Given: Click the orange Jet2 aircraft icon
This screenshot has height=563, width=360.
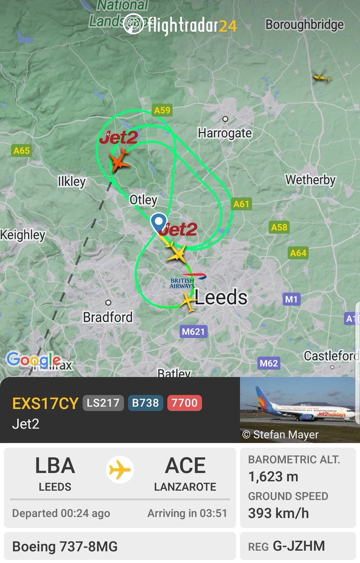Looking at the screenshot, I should coord(120,160).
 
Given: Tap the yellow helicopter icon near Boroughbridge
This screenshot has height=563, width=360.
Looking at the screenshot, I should coord(322,77).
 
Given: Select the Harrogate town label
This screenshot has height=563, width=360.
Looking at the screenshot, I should coord(225,133).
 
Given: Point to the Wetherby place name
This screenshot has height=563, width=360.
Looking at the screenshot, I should coord(311,180).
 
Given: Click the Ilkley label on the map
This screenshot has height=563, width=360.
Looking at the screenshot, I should coord(71,182).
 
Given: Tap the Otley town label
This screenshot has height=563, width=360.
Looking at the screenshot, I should coord(143,200).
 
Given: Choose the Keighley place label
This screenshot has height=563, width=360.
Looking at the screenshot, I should coord(23,235).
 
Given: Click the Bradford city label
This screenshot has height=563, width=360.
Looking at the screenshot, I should coord(108,317).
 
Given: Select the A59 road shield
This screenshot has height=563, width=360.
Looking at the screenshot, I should coord(162,110).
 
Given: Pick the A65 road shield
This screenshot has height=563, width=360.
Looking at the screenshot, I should coord(22,151).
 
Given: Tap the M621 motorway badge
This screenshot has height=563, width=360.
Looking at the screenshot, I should coord(193,332).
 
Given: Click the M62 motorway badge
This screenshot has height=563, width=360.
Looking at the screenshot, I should coord(269,363).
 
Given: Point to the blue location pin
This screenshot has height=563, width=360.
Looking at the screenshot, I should coord(159,222).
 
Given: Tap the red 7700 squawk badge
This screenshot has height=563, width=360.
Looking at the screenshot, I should coord(185,403).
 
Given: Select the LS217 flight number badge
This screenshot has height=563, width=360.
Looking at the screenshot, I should coord(103,403).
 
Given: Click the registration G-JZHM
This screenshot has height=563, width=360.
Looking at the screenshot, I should coord(305,546).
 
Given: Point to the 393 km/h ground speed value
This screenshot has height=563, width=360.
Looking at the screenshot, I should coord(278,513).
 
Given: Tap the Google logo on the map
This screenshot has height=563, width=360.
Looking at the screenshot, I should coord(33,360).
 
